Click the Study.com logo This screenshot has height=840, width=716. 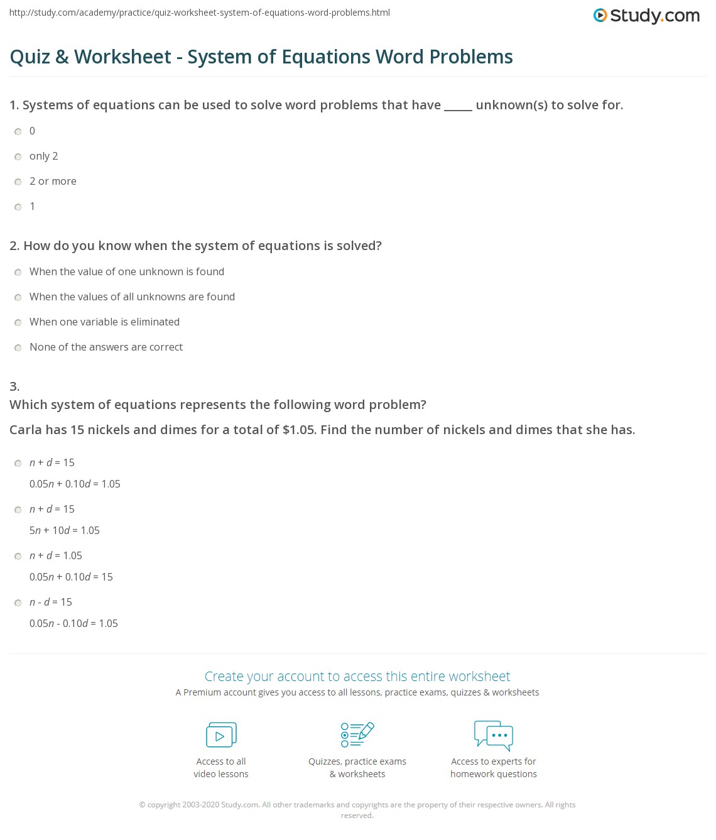point(646,16)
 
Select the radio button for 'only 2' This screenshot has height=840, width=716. point(18,156)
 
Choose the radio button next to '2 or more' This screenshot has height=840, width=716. point(18,182)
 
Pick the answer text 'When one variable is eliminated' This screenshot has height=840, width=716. point(104,322)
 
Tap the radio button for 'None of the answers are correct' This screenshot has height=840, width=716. point(18,347)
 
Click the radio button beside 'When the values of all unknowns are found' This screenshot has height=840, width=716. point(18,297)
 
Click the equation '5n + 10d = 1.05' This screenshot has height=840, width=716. point(65,530)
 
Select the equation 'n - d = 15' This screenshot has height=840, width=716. point(51,602)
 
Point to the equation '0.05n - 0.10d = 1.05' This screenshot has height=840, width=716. point(73,623)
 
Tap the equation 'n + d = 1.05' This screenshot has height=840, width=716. point(56,555)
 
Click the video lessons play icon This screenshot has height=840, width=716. point(221,734)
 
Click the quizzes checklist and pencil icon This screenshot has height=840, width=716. point(357,734)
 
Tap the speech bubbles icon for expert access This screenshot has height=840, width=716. point(494,735)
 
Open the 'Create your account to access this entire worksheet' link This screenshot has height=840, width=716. point(357,676)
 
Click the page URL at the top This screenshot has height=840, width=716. point(200,13)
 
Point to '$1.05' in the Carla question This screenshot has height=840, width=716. point(299,430)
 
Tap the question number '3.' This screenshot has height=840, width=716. point(14,386)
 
